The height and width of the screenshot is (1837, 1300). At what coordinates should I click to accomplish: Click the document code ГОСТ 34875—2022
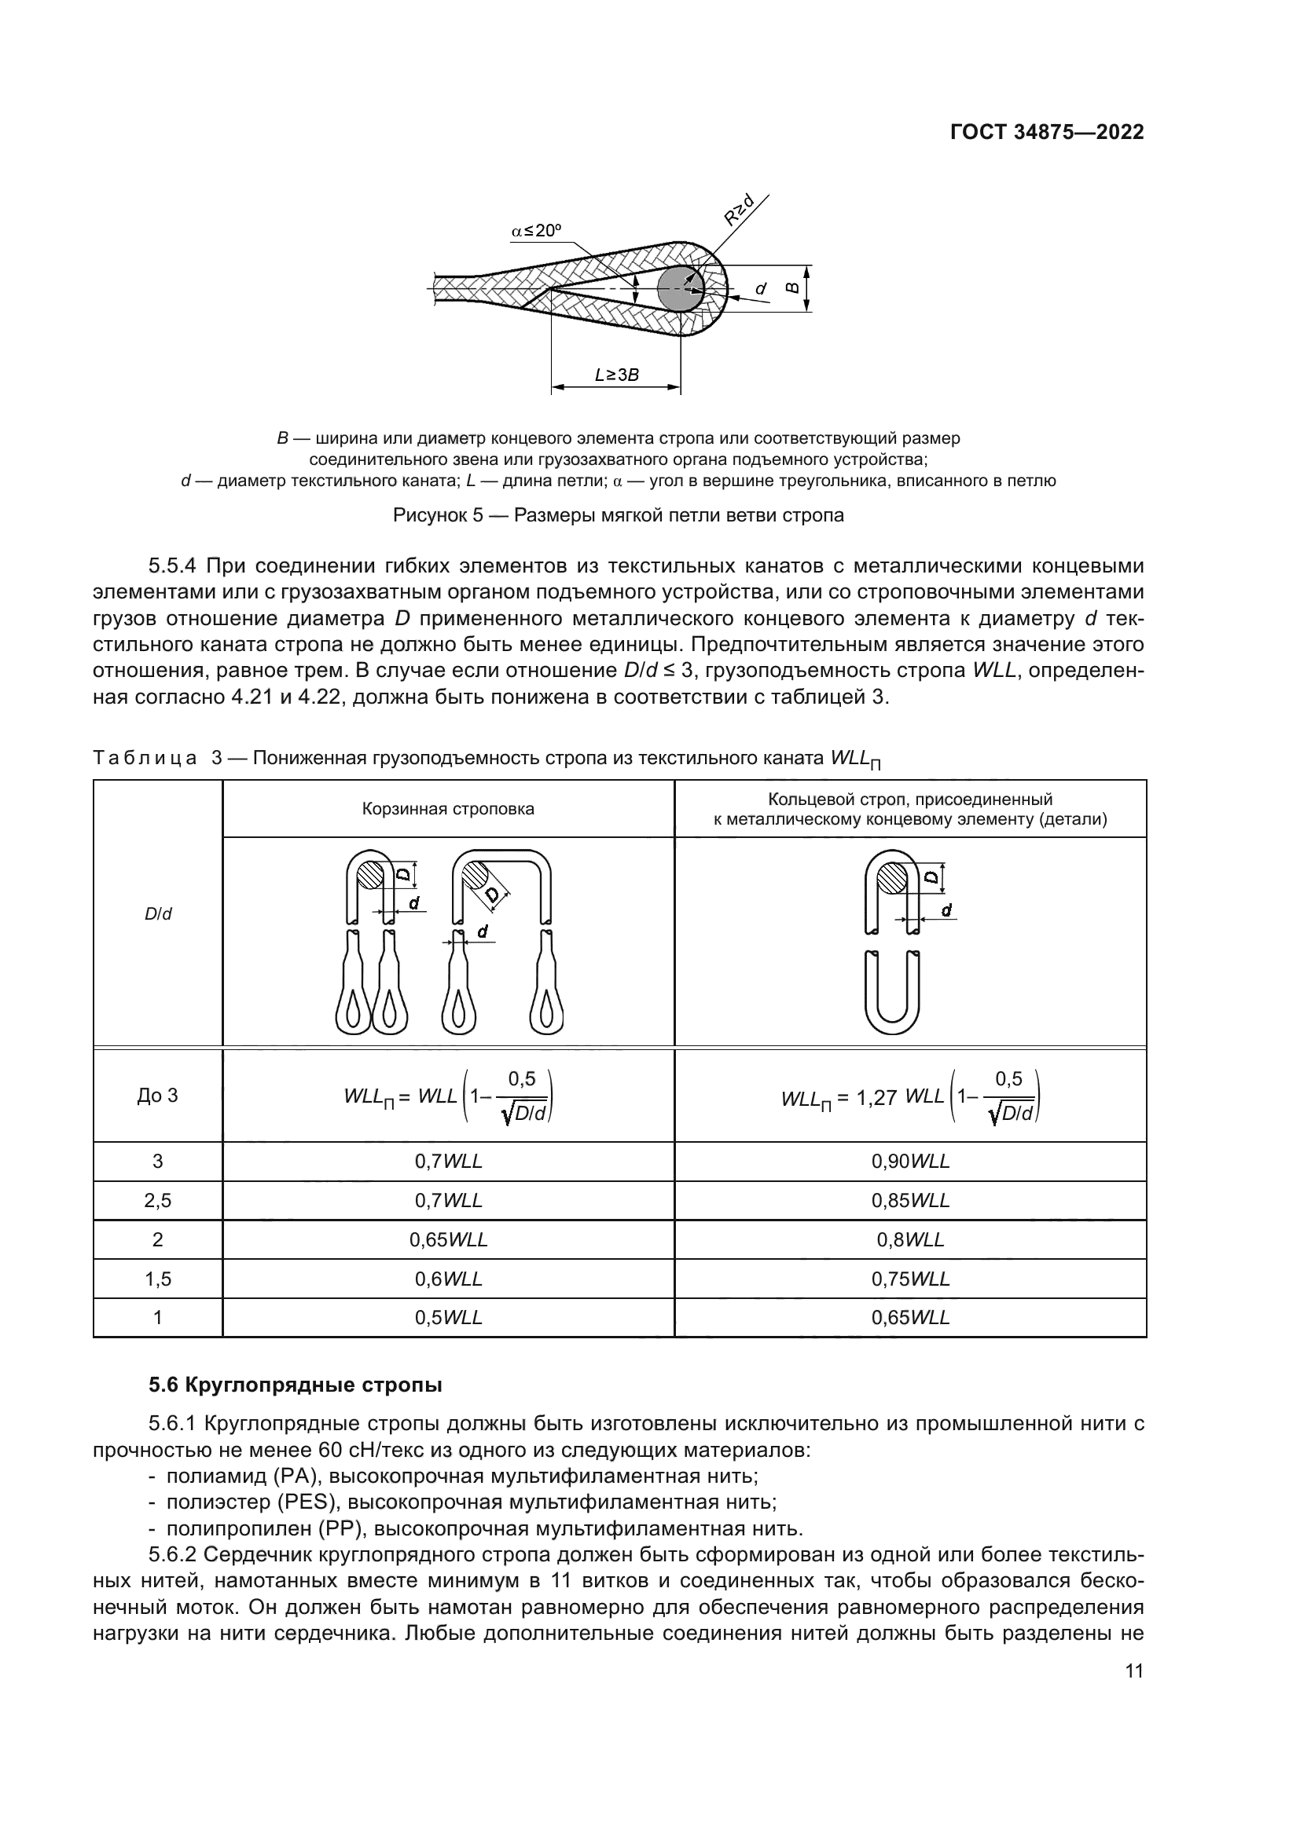pos(1046,133)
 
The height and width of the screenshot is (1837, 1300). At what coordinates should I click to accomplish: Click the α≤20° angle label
pos(536,231)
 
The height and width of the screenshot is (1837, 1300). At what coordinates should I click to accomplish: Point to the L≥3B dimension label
pos(616,375)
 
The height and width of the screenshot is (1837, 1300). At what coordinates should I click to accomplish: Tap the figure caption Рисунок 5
pos(618,515)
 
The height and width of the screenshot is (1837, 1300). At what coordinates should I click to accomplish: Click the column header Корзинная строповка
pos(448,809)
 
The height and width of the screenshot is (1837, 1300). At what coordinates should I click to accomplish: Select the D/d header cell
pos(158,913)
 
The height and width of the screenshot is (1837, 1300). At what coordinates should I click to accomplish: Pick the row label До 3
pos(158,1096)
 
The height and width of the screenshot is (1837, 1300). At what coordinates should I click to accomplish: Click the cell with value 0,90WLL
pos(910,1162)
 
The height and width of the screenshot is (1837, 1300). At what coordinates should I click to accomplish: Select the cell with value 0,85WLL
pos(910,1201)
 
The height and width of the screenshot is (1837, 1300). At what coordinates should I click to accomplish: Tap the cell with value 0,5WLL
pos(448,1318)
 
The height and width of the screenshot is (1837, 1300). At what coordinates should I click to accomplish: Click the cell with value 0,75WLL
pos(910,1279)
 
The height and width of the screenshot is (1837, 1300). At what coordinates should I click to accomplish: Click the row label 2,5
pos(158,1201)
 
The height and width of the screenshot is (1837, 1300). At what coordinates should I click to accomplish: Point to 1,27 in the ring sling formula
pos(876,1099)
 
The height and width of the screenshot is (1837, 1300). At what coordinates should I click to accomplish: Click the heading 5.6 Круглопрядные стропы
pos(296,1385)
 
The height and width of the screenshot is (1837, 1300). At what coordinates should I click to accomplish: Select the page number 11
pos(1133,1695)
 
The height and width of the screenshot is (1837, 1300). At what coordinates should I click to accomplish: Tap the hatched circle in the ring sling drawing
pos(893,880)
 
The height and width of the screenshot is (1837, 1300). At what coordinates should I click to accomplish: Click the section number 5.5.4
pos(172,566)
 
